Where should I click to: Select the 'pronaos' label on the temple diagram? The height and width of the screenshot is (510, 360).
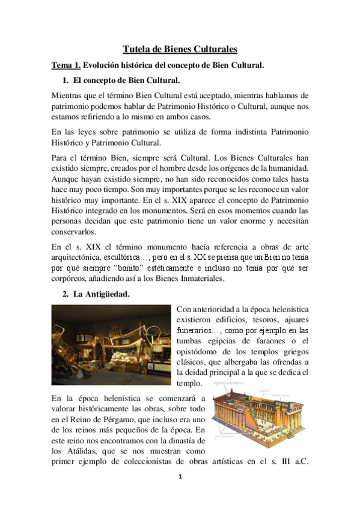(297, 395)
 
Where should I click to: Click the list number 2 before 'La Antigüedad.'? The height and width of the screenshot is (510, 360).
(65, 295)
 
